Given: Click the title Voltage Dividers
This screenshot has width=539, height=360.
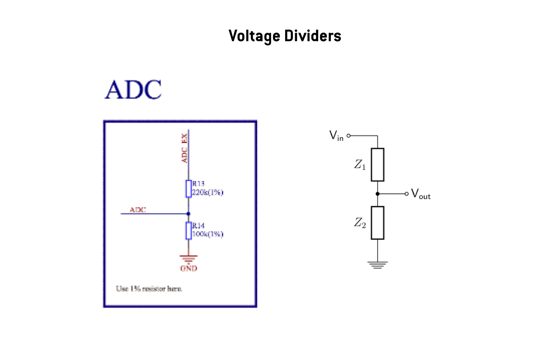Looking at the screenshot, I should click(285, 36).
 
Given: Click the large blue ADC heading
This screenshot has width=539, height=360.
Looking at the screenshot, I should click(133, 89).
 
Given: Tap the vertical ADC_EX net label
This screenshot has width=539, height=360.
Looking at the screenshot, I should click(184, 148).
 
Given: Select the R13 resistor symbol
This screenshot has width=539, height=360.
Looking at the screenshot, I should click(189, 189).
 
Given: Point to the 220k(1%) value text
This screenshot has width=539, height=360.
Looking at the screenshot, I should click(207, 192).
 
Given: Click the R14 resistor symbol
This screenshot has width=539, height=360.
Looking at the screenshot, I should click(189, 231).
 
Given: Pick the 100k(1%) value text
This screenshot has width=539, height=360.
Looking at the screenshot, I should click(207, 234).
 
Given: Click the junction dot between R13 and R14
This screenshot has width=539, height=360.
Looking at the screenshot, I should click(189, 213).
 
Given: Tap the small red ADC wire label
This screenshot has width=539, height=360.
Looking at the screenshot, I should click(138, 209).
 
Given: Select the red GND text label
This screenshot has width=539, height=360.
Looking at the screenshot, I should click(189, 268).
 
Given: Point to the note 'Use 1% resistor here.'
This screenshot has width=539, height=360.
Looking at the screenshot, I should click(149, 289).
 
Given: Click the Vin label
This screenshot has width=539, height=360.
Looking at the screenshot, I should click(336, 136).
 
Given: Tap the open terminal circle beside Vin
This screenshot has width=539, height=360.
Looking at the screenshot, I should click(349, 136).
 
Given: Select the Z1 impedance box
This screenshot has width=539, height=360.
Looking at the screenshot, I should click(378, 165).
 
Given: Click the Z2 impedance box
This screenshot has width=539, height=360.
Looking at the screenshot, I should click(378, 223).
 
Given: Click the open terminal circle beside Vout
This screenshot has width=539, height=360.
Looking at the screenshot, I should click(406, 194).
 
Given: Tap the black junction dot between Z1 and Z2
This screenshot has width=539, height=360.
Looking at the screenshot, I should click(378, 194).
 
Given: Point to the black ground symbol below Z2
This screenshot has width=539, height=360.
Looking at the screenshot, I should click(378, 264).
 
